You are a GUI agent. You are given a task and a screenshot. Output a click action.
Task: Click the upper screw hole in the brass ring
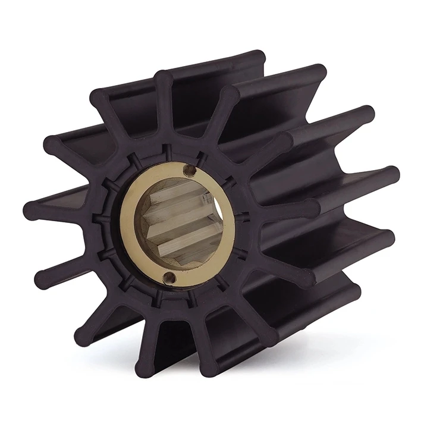(189, 171)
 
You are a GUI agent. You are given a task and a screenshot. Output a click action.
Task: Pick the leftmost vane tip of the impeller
(31, 210)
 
